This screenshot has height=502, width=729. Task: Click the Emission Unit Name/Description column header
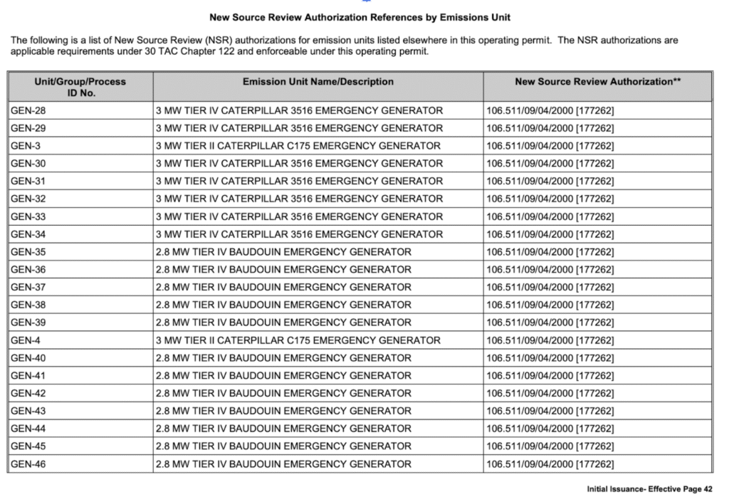click(x=318, y=82)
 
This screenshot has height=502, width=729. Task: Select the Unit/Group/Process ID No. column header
click(x=80, y=87)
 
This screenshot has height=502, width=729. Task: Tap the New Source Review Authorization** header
click(x=597, y=82)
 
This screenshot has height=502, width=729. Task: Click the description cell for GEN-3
click(x=298, y=146)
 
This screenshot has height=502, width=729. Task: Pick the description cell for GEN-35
click(x=283, y=252)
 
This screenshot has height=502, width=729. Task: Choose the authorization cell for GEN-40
click(x=550, y=358)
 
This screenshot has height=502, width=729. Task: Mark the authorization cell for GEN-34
click(x=550, y=234)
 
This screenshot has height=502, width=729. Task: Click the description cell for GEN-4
click(x=298, y=340)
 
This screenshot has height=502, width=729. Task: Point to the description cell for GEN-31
click(x=299, y=182)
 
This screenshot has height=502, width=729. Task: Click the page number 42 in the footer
click(x=707, y=489)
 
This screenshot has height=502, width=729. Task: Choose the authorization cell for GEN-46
click(x=550, y=464)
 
